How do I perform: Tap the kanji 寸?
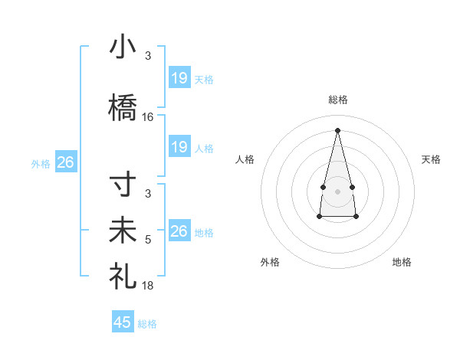pyautogui.click(x=123, y=187)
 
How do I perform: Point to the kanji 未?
pyautogui.click(x=123, y=231)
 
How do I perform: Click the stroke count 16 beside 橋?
pyautogui.click(x=148, y=117)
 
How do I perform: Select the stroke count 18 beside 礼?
pyautogui.click(x=148, y=285)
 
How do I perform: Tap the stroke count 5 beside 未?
pyautogui.click(x=148, y=240)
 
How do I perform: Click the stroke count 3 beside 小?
pyautogui.click(x=148, y=55)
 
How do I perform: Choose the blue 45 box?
pyautogui.click(x=123, y=322)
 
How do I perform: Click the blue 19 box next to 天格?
pyautogui.click(x=179, y=78)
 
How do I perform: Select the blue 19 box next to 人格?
pyautogui.click(x=179, y=147)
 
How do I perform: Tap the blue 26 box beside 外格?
pyautogui.click(x=66, y=162)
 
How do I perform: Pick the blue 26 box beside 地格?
pyautogui.click(x=179, y=231)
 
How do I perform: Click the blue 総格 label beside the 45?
pyautogui.click(x=147, y=324)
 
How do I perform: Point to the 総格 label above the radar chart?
pyautogui.click(x=337, y=100)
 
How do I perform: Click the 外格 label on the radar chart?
pyautogui.click(x=270, y=262)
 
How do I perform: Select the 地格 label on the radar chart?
pyautogui.click(x=402, y=262)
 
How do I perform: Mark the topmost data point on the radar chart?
pyautogui.click(x=337, y=130)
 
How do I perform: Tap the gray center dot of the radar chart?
pyautogui.click(x=337, y=191)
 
